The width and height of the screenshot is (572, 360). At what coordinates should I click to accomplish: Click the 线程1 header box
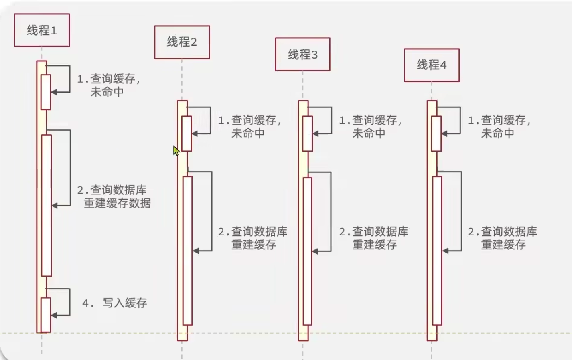[x=42, y=30]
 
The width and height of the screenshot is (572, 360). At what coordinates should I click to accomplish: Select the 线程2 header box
[x=182, y=42]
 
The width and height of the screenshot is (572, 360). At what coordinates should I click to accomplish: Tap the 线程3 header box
[x=302, y=55]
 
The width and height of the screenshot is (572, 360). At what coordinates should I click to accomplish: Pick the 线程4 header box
[x=432, y=65]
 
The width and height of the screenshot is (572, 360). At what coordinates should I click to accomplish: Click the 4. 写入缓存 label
[x=115, y=303]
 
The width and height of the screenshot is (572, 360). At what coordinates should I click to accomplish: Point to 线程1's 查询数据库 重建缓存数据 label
[x=114, y=196]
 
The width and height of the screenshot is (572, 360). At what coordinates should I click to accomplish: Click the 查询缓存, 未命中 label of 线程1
[x=109, y=85]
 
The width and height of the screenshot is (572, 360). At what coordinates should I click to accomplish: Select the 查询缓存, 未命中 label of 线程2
[x=249, y=126]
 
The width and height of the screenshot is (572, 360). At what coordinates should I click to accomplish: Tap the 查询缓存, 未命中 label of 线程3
[x=370, y=126]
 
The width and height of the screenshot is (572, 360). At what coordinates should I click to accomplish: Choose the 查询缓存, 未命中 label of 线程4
[x=499, y=126]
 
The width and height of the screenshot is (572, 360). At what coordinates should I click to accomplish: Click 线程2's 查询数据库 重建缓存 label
[x=253, y=238]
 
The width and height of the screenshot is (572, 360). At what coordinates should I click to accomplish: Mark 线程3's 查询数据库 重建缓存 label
[x=374, y=238]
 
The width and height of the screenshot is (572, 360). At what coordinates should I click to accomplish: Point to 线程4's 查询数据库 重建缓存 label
[x=503, y=238]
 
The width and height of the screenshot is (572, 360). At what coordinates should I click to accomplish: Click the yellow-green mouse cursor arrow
[x=176, y=150]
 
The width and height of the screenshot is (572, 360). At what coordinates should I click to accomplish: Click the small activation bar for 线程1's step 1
[x=46, y=92]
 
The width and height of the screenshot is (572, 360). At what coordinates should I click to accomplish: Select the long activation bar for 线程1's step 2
[x=47, y=205]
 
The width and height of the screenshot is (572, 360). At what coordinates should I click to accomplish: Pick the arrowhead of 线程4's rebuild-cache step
[x=446, y=251]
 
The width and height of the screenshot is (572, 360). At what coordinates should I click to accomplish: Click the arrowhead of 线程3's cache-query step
[x=316, y=133]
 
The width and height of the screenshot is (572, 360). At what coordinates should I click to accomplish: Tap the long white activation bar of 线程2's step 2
[x=187, y=251]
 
